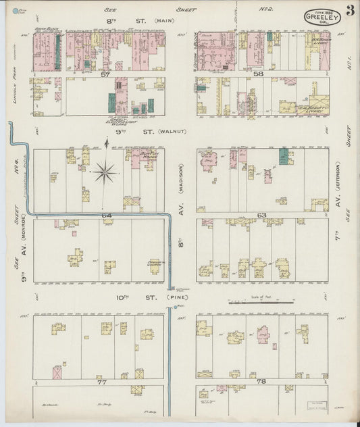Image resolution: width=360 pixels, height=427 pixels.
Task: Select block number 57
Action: tap(105, 75)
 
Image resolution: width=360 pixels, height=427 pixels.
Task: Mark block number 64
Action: tap(106, 215)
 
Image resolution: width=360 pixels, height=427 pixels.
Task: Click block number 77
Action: tap(103, 382)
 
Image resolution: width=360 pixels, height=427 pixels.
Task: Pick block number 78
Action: tap(262, 382)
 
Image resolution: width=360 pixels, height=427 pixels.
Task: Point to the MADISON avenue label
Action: tap(181, 177)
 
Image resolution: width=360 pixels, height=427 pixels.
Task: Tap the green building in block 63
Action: tap(283, 156)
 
